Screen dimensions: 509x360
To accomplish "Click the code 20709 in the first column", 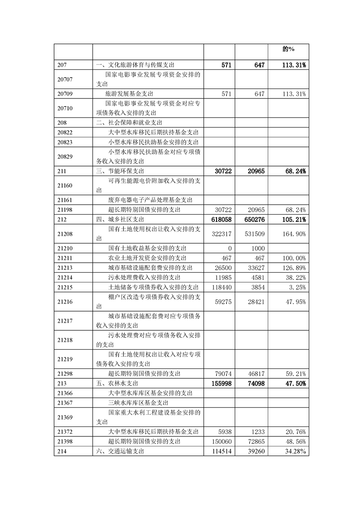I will click(66, 94).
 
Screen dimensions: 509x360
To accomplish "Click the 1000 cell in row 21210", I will click(257, 248).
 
